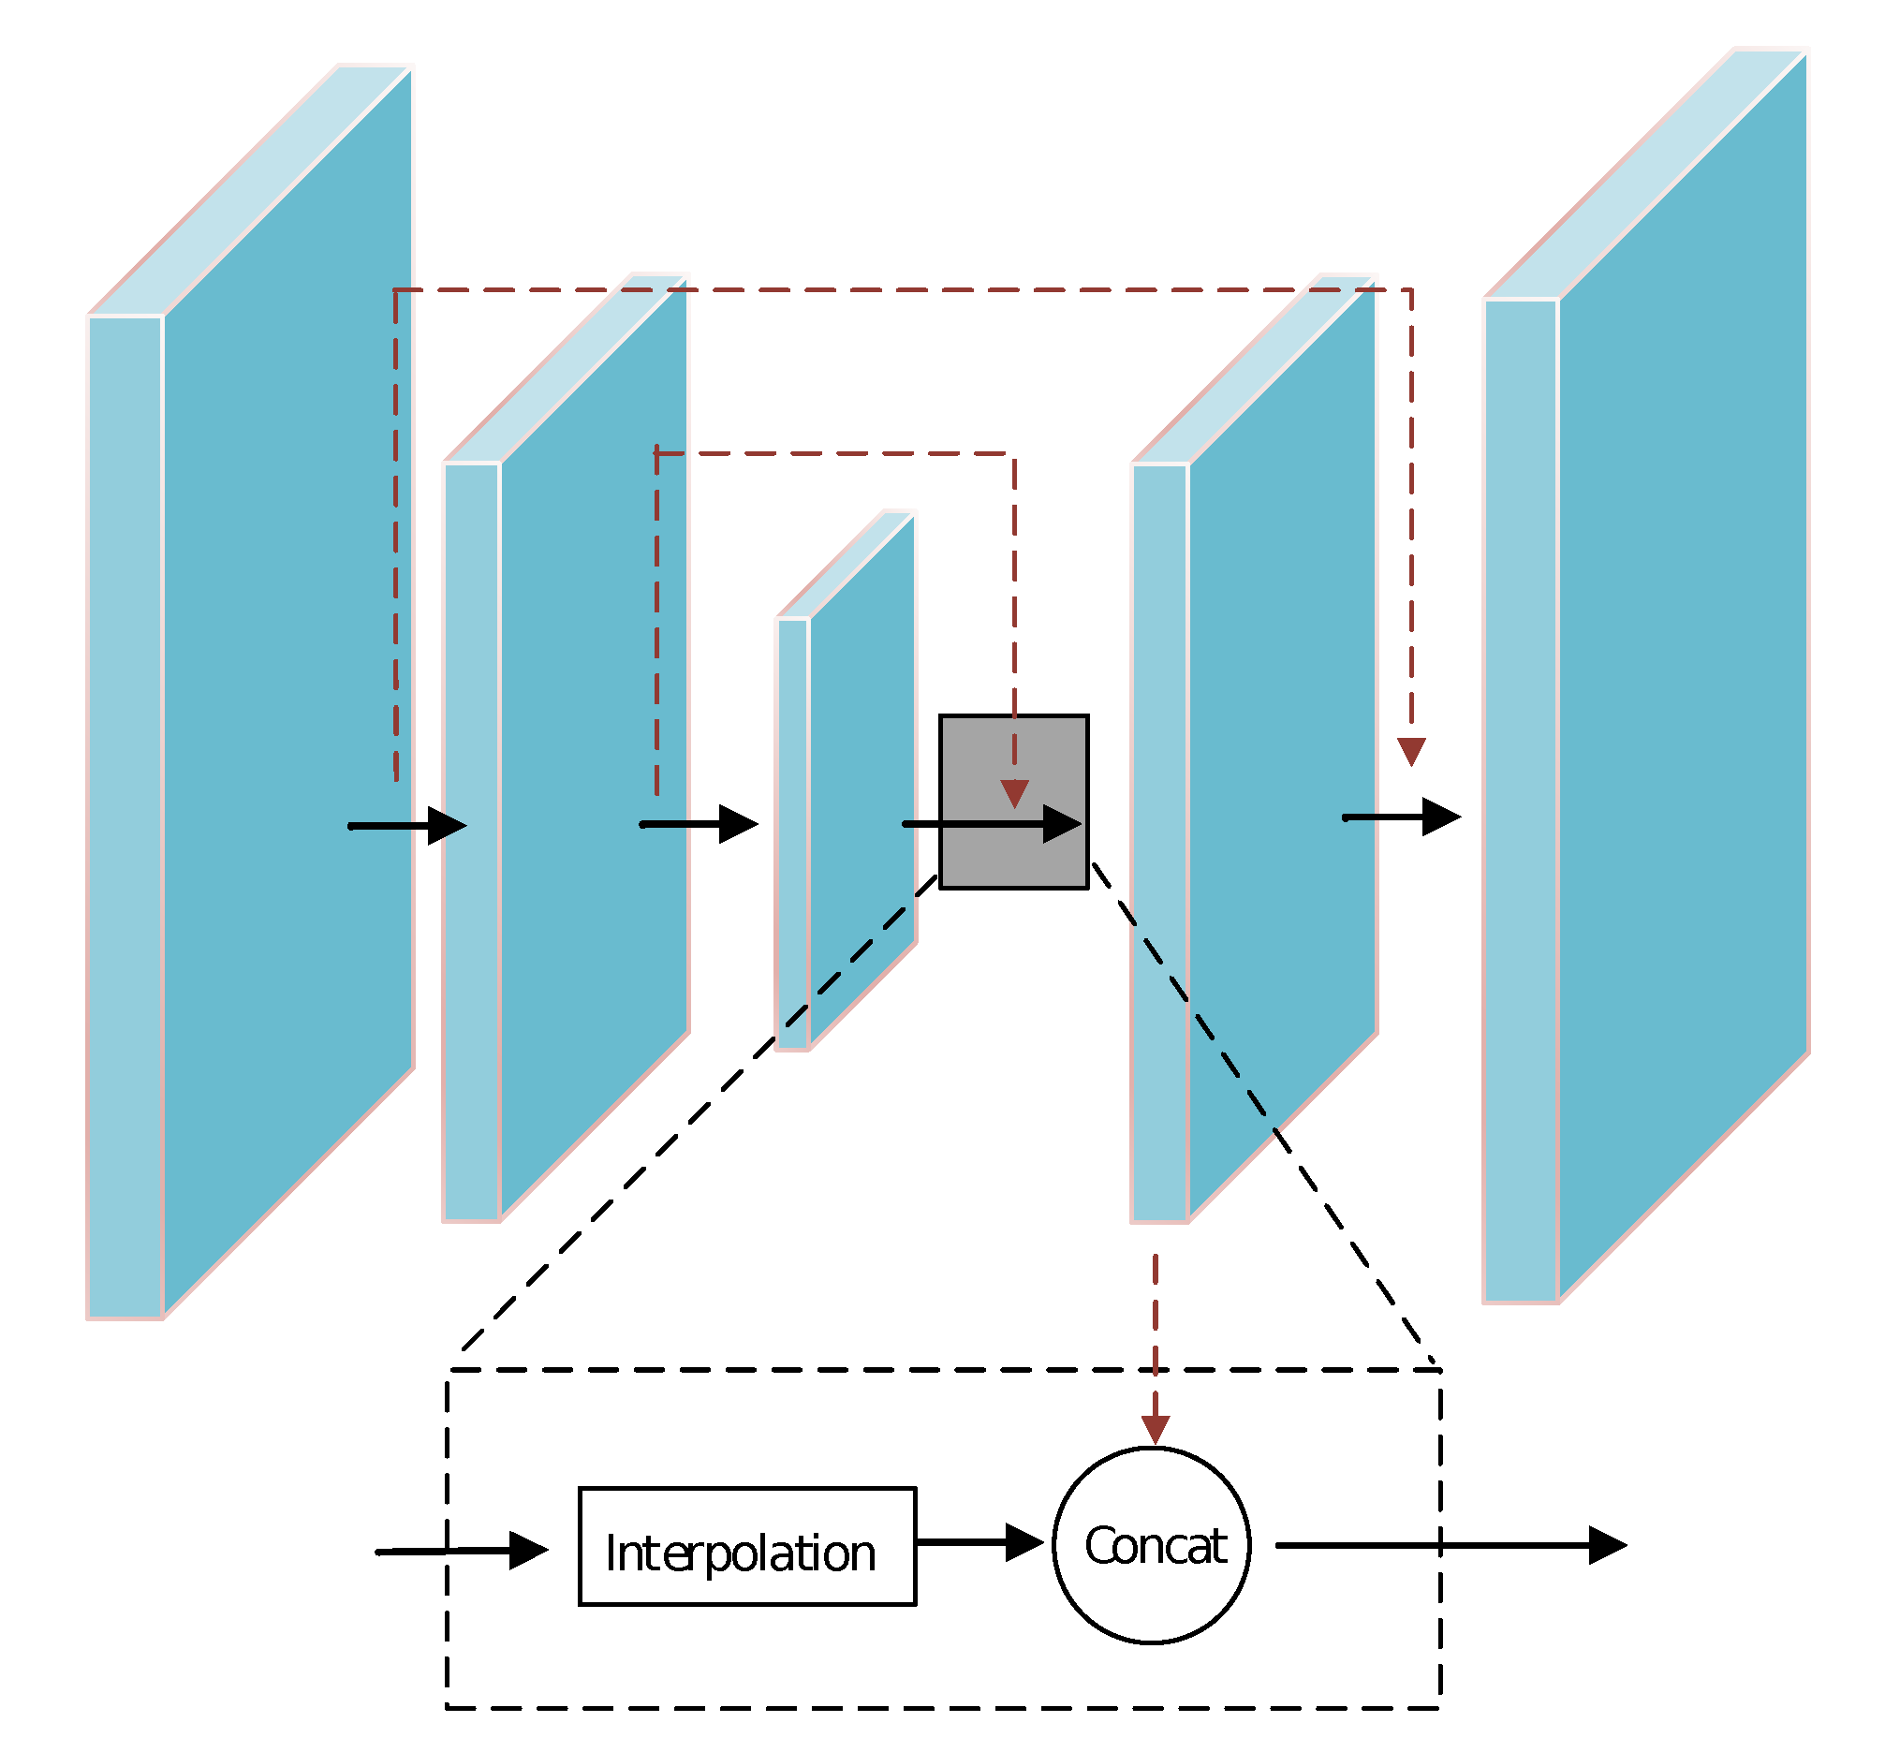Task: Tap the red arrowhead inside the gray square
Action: (1014, 793)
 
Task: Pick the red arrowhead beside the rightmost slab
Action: (1412, 752)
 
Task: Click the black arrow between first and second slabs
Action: (407, 826)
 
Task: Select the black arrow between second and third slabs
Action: (699, 824)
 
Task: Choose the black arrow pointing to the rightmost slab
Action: (1402, 817)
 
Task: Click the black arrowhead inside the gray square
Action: (1062, 824)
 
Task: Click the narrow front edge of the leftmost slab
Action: (125, 816)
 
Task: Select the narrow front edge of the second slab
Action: (472, 844)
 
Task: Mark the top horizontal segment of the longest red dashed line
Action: (901, 290)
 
